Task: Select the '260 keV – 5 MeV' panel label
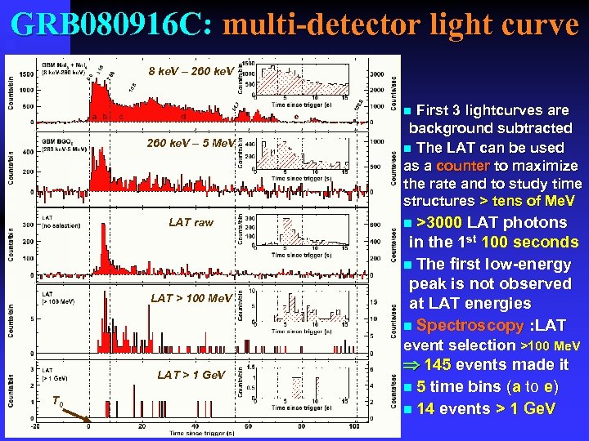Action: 190,144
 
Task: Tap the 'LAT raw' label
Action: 191,222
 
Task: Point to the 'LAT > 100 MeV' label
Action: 191,298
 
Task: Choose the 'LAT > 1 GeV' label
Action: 191,375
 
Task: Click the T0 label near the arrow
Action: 55,399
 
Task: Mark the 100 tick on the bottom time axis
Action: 353,425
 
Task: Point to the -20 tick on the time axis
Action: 34,425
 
